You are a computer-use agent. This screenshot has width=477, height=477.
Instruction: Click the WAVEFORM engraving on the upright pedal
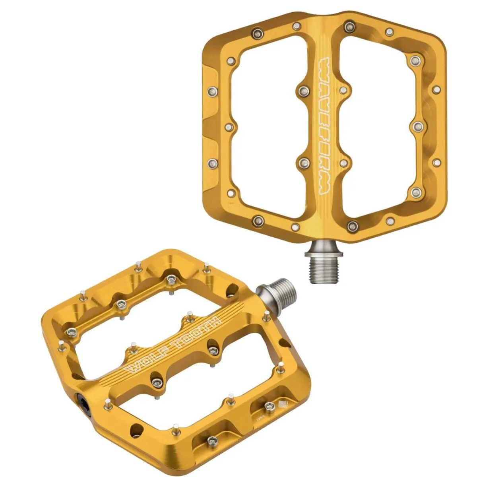coord(325,127)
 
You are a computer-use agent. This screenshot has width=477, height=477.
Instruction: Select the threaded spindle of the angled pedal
coord(280,292)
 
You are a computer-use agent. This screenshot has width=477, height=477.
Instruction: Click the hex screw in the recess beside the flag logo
coord(269,405)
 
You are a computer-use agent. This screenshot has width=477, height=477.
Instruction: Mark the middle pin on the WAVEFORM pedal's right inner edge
coord(416,126)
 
